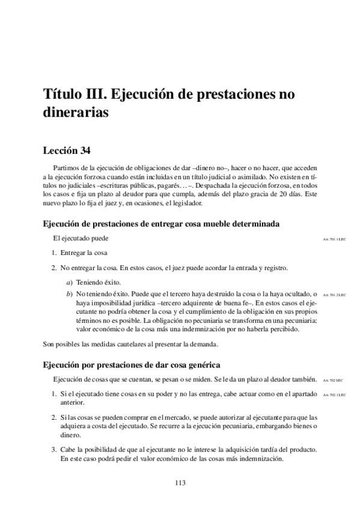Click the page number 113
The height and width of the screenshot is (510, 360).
(180, 482)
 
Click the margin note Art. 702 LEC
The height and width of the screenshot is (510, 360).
(332, 381)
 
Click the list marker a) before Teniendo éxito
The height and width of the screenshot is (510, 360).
(70, 282)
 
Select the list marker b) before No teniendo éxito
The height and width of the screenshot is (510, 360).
(70, 293)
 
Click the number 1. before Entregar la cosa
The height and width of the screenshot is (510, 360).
(54, 253)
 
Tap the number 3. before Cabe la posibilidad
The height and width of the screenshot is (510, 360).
(54, 449)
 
